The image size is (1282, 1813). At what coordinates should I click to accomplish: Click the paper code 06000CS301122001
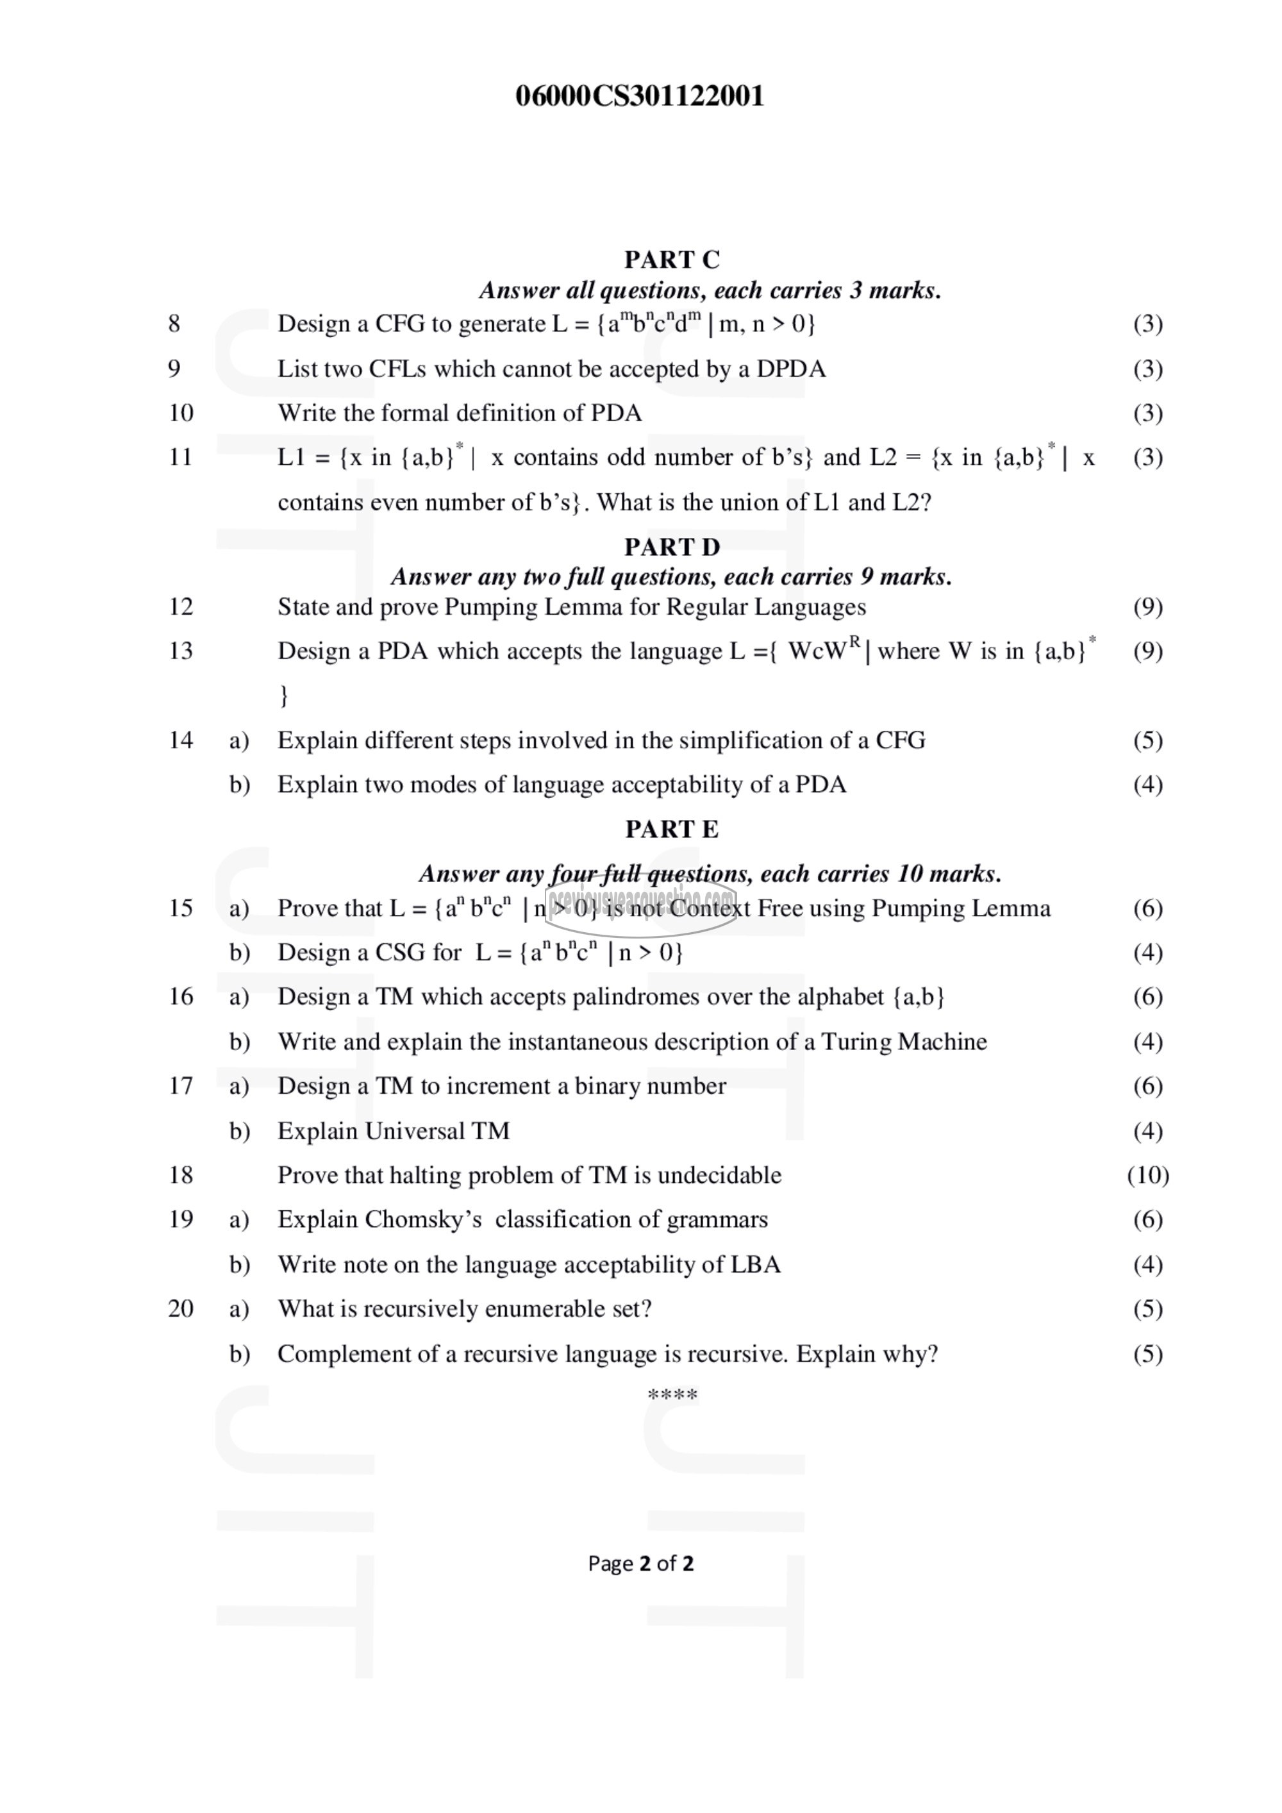[640, 96]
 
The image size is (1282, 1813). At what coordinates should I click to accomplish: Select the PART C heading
[672, 259]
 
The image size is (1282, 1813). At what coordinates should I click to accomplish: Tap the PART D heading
[672, 546]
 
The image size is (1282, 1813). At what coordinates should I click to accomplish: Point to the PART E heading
[672, 829]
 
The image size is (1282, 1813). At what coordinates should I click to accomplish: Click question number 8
[174, 323]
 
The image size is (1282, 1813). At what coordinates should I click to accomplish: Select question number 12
[181, 606]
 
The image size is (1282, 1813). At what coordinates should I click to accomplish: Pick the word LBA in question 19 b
[756, 1265]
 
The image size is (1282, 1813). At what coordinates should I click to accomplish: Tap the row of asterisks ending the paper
[672, 1394]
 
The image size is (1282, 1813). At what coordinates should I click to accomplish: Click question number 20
[181, 1309]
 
